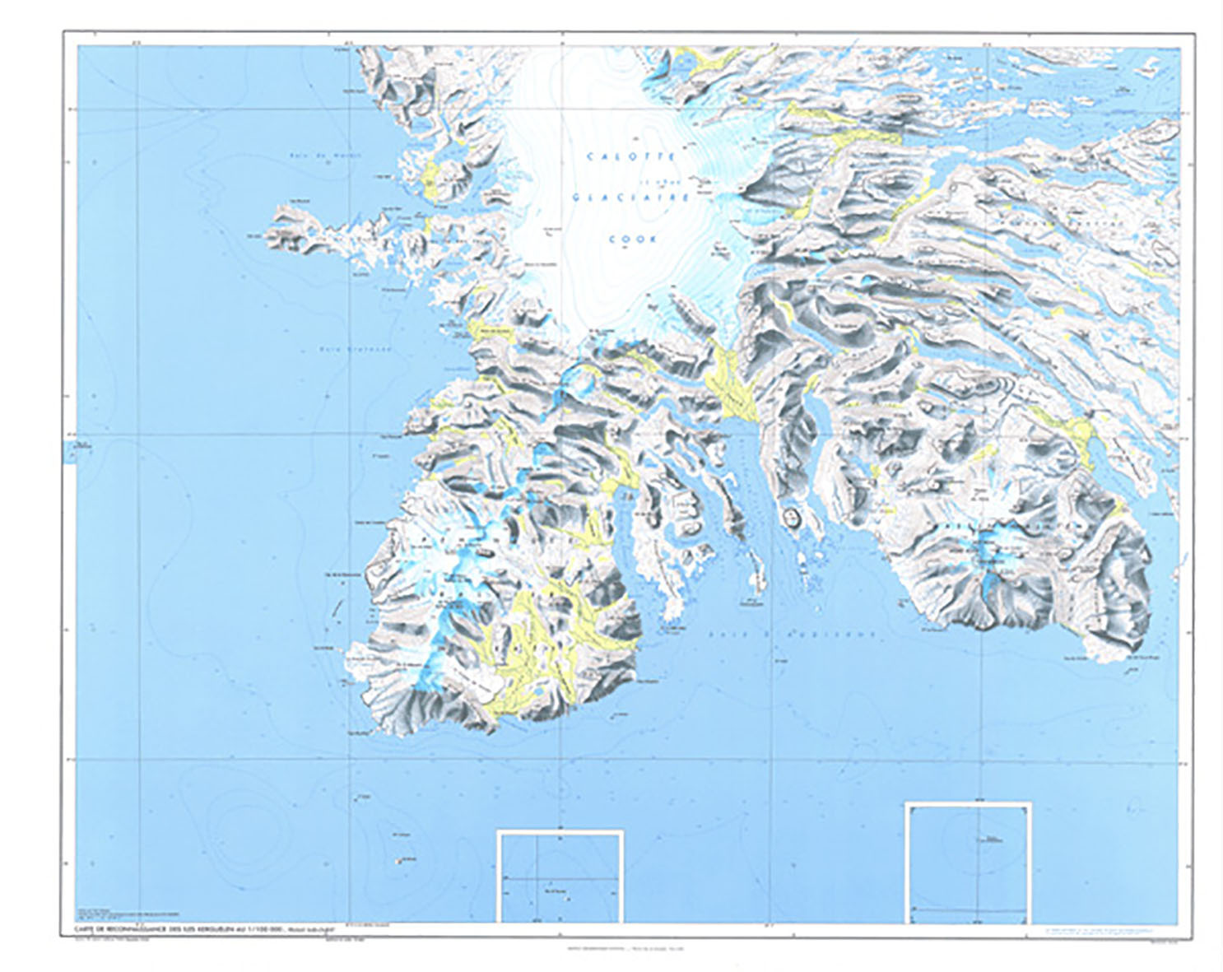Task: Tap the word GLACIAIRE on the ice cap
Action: point(631,198)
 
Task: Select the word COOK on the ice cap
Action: point(633,240)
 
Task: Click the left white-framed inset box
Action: point(560,876)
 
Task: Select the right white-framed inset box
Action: point(968,862)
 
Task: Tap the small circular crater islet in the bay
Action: point(792,518)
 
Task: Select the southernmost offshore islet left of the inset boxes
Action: point(399,861)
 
